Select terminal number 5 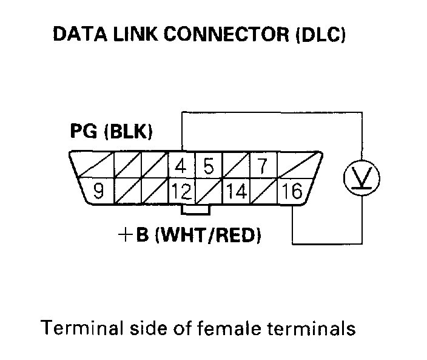[x=207, y=166]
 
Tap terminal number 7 [x=263, y=166]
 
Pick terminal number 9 [x=98, y=192]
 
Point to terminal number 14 [x=237, y=192]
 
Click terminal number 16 [x=292, y=192]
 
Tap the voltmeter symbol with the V [x=362, y=177]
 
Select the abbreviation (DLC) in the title [x=321, y=35]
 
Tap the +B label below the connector [x=134, y=234]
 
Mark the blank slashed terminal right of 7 [x=298, y=165]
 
